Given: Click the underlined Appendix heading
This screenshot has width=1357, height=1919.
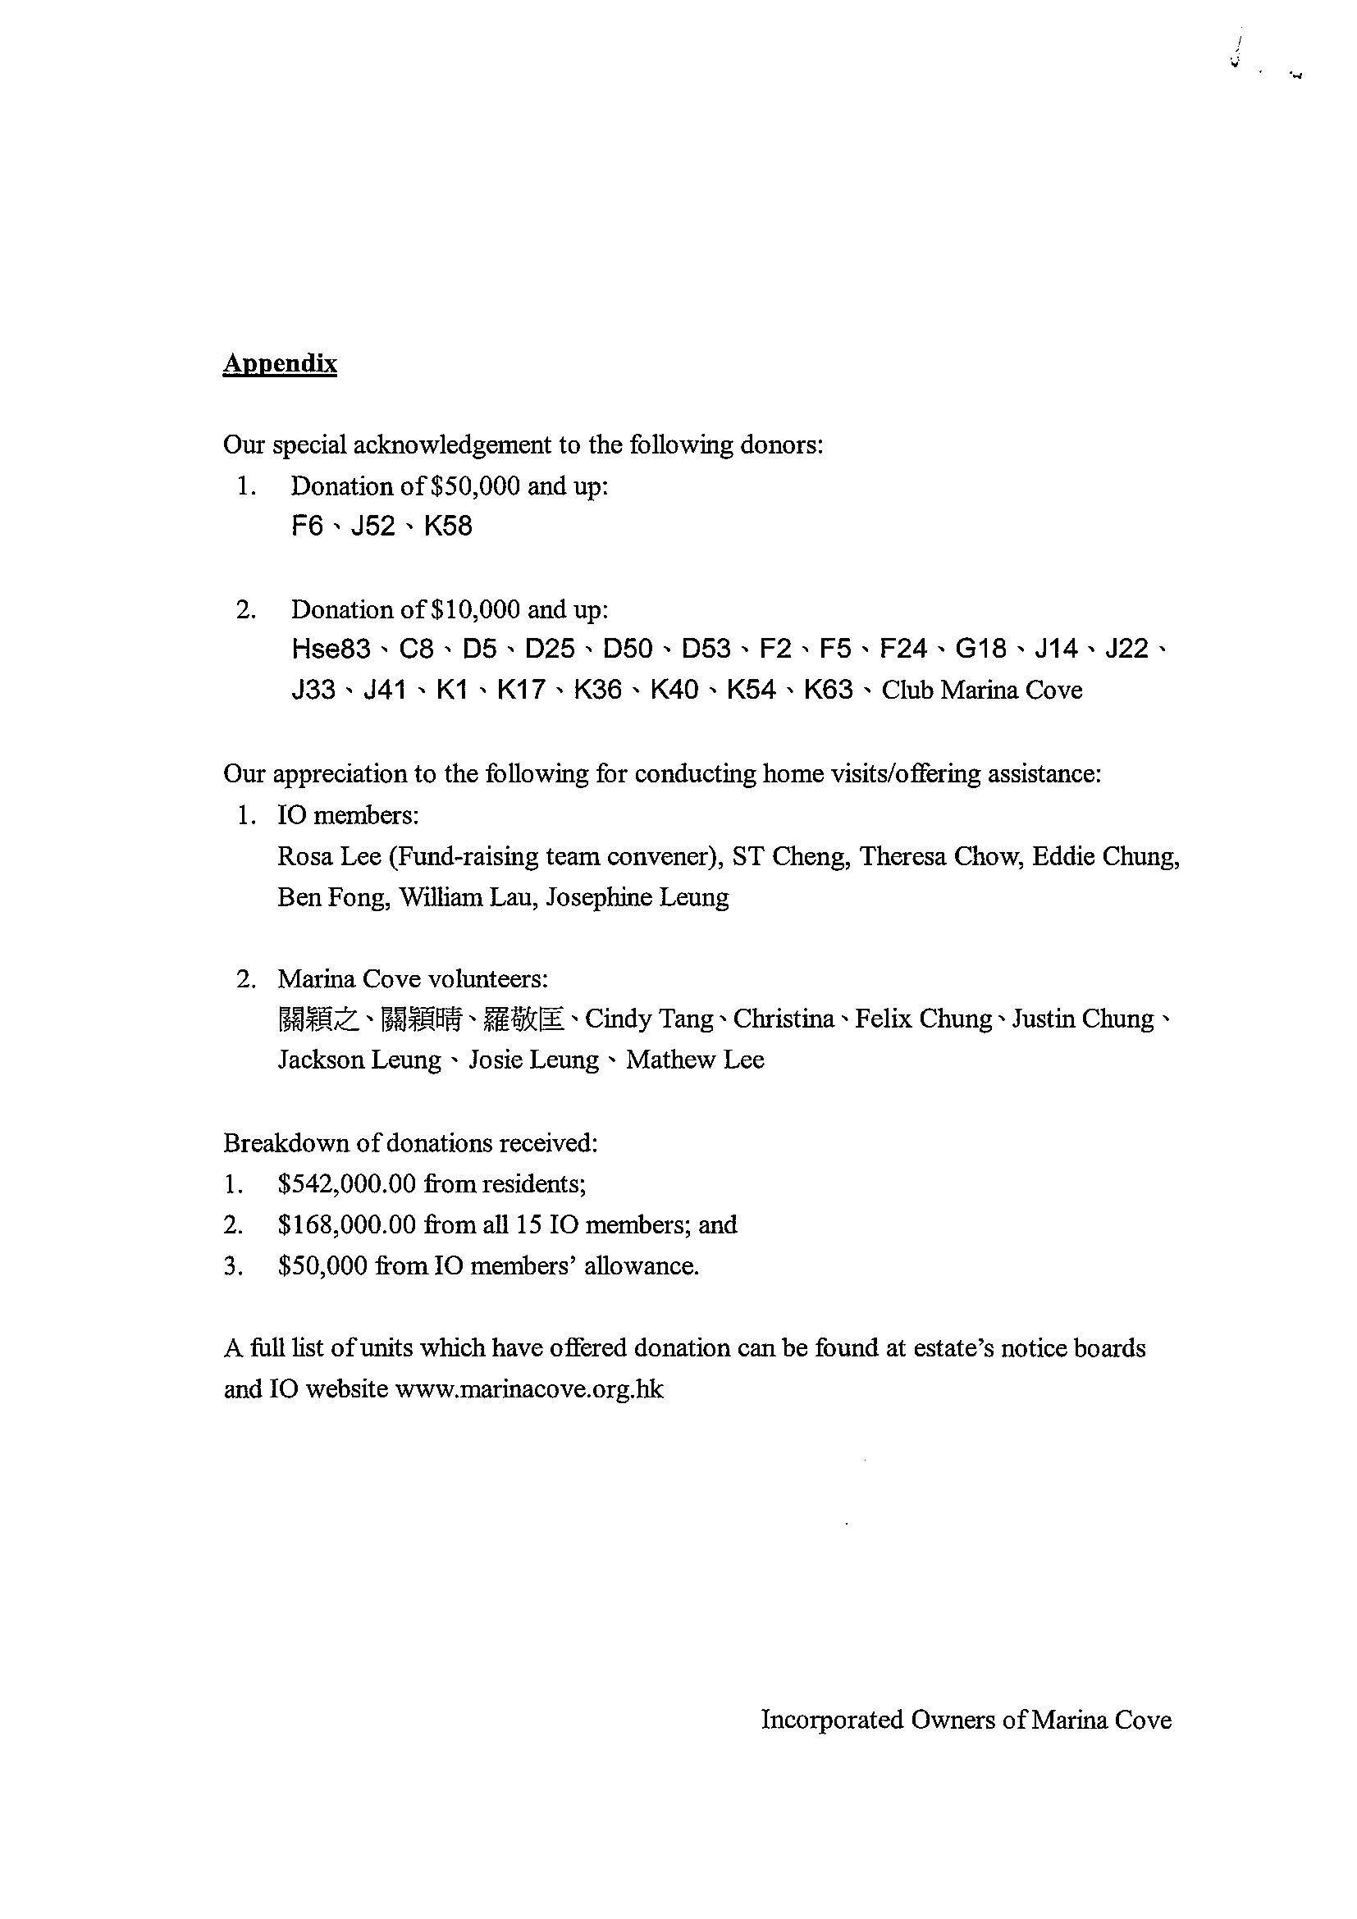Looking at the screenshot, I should [x=279, y=363].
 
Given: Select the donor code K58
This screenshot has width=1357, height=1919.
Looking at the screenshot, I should [x=447, y=526].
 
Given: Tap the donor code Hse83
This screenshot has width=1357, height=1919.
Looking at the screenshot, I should [x=331, y=649].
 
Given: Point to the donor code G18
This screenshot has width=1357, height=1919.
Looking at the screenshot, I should [x=980, y=649].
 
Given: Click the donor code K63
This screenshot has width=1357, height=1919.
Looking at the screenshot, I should [x=828, y=690].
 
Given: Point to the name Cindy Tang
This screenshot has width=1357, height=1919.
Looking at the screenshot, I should [x=649, y=1019].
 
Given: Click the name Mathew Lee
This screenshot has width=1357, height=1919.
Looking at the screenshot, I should [x=695, y=1060].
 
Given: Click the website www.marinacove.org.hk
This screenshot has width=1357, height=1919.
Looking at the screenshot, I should [x=529, y=1389].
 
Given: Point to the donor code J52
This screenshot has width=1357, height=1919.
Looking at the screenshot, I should [x=373, y=526].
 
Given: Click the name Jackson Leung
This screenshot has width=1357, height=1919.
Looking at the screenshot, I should [x=359, y=1060].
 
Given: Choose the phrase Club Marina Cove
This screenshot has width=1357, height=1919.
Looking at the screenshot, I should [x=981, y=690].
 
